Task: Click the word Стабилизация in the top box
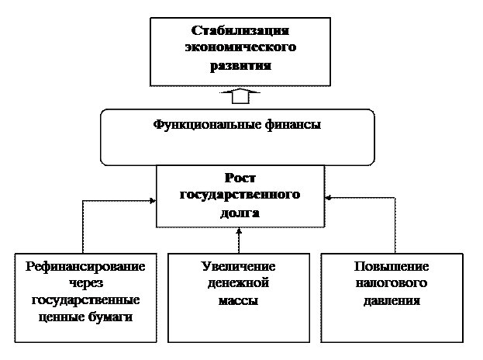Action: [240, 32]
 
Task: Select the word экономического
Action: [240, 49]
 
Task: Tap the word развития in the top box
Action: [240, 66]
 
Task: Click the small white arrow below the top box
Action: [240, 95]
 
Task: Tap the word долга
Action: [240, 213]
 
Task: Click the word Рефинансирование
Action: [85, 267]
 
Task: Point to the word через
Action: [85, 283]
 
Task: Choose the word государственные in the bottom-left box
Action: [85, 300]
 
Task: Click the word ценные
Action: [60, 317]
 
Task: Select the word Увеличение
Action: [238, 267]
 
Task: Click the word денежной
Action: [238, 283]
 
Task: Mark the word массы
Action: [238, 300]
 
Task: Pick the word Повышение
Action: [392, 267]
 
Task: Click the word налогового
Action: [392, 283]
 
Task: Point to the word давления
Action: [392, 300]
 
